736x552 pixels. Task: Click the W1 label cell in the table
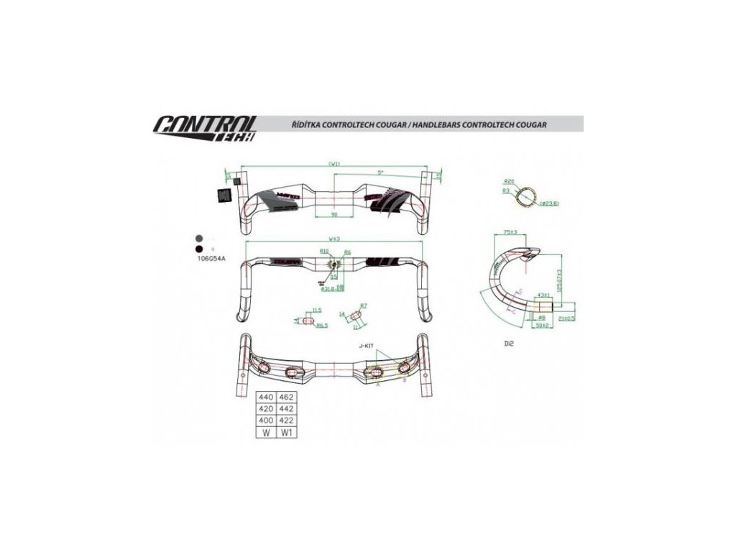point(287,432)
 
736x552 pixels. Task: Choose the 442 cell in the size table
point(287,408)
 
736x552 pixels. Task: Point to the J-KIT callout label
point(367,346)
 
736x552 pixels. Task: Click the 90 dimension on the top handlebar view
point(334,214)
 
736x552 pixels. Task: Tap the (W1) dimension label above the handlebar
point(333,164)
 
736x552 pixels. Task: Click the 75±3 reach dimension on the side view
point(511,233)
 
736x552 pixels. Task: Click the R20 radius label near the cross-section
point(508,181)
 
